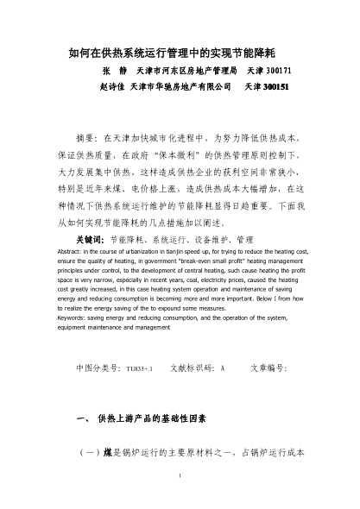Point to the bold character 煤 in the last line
[x=106, y=452]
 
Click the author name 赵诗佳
[x=112, y=87]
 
